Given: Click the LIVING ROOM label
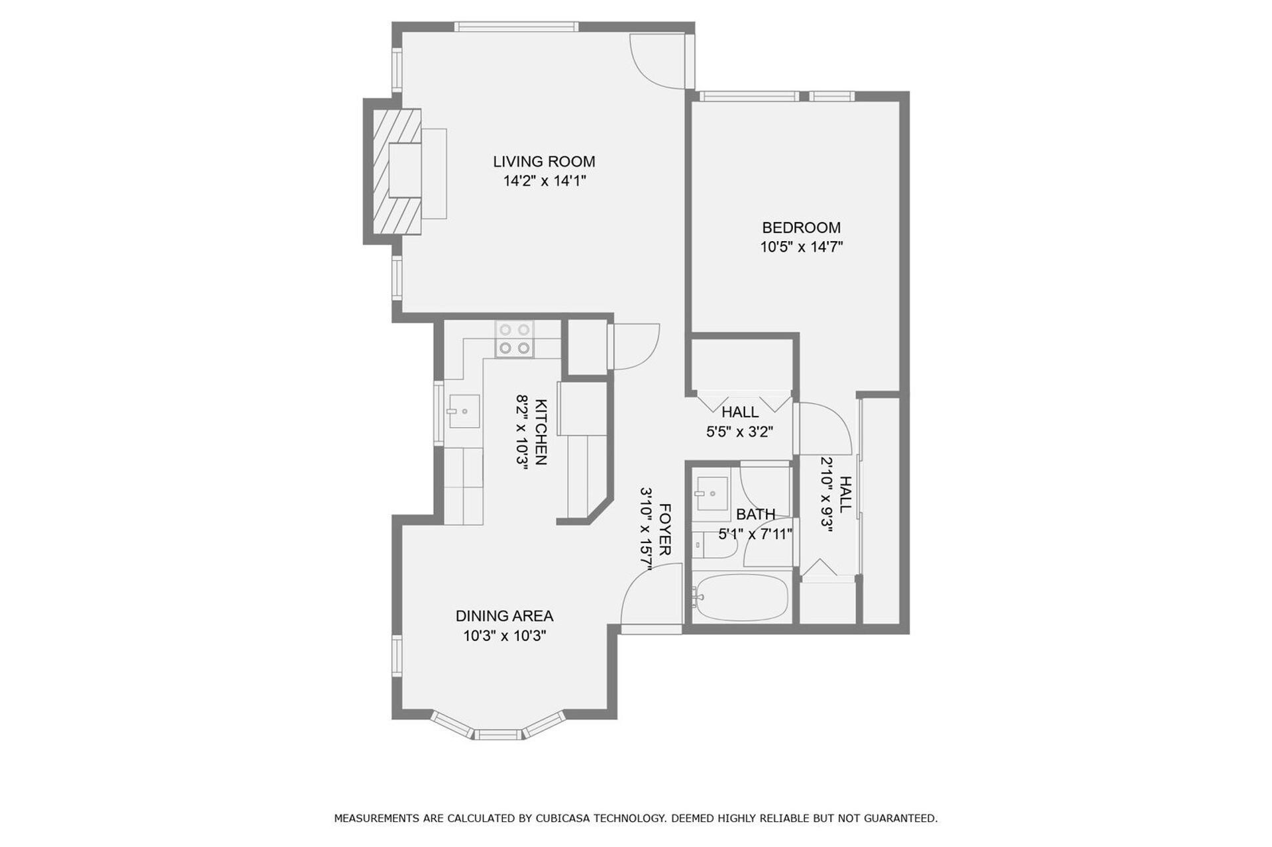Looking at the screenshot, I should (544, 161).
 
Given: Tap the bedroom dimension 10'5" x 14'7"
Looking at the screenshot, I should (801, 247).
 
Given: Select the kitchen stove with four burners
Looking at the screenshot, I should (514, 338).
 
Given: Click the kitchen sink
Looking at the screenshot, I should (464, 411).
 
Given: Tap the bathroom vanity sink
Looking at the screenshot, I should (711, 493).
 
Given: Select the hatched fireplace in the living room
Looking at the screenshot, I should (397, 172).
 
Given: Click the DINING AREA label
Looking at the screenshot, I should (504, 616).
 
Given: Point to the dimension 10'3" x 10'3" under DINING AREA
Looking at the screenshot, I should (504, 636).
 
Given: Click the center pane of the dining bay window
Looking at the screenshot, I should (498, 734).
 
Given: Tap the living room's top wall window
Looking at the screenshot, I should (516, 27).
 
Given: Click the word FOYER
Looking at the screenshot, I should (665, 529).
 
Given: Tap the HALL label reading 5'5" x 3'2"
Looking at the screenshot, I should (739, 421).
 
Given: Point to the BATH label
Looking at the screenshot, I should (755, 515).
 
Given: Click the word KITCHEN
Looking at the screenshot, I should (541, 432).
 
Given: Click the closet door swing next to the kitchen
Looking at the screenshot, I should (635, 346).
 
